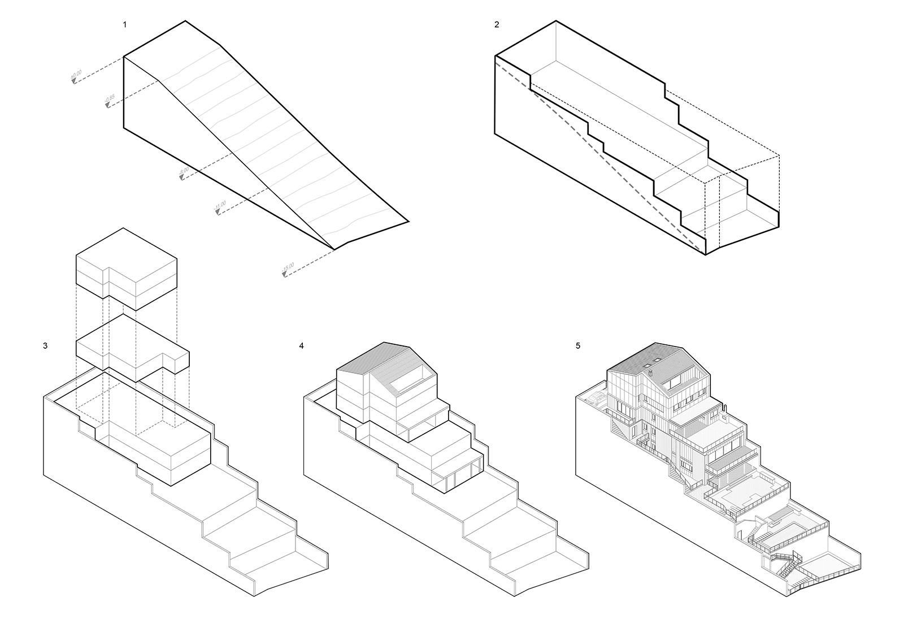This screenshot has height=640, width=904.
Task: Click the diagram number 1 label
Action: click(124, 24)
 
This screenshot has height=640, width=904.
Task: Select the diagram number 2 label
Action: click(497, 24)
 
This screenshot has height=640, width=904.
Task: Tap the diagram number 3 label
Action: click(45, 345)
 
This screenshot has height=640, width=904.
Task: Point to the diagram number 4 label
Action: click(302, 345)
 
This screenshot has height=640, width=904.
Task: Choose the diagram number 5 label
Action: click(578, 345)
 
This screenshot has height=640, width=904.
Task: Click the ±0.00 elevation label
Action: click(76, 75)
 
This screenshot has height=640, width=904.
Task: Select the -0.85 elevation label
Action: click(110, 100)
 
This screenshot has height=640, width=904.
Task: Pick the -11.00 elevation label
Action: click(220, 206)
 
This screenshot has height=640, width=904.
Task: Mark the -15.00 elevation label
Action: click(288, 269)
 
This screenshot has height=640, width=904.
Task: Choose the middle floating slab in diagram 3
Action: click(132, 348)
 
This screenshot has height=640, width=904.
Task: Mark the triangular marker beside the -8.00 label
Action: click(182, 178)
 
